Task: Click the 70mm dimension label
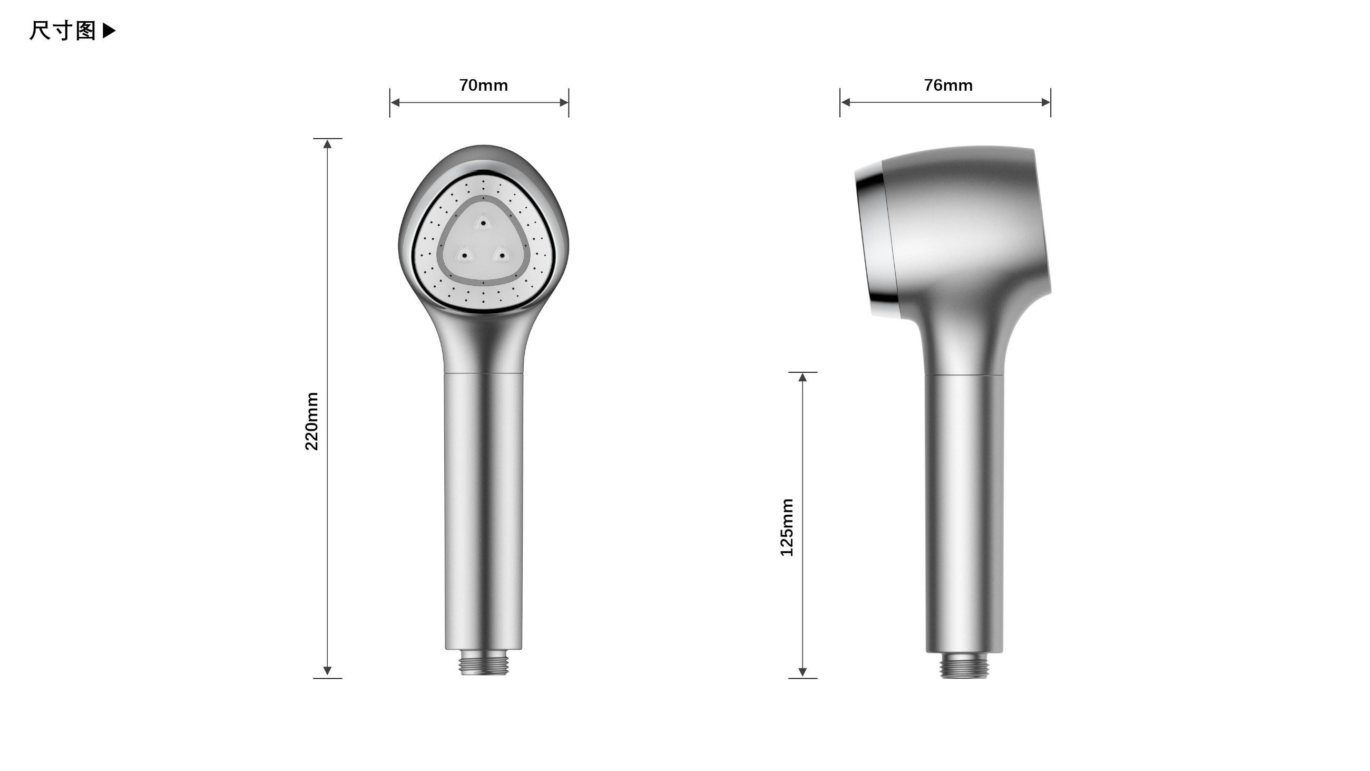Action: pyautogui.click(x=483, y=85)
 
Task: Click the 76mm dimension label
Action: pyautogui.click(x=948, y=85)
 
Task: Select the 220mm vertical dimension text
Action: pyautogui.click(x=311, y=421)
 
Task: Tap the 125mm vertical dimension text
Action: pyautogui.click(x=787, y=527)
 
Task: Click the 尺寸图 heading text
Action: pyautogui.click(x=63, y=31)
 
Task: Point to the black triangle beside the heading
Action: pyautogui.click(x=109, y=31)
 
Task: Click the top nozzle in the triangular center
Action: pyautogui.click(x=483, y=223)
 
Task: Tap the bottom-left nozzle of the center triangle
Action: pyautogui.click(x=464, y=255)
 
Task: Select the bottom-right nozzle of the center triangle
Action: pyautogui.click(x=502, y=255)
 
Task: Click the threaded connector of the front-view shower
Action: pyautogui.click(x=483, y=663)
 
